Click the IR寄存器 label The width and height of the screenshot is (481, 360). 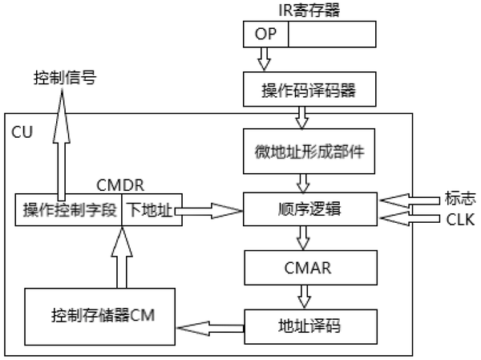(x=309, y=9)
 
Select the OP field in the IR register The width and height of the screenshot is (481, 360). (x=265, y=34)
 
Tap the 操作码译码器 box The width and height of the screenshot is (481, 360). (x=309, y=91)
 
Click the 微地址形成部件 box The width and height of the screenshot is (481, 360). (x=309, y=152)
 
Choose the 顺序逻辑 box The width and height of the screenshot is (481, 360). (x=309, y=210)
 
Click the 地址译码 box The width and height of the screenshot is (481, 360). (x=309, y=328)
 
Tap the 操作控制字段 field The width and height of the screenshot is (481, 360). (x=70, y=210)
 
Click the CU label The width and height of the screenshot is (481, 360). (x=22, y=130)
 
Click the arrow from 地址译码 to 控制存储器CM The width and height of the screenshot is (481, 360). (x=209, y=327)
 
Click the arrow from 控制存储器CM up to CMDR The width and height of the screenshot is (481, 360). (x=120, y=257)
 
